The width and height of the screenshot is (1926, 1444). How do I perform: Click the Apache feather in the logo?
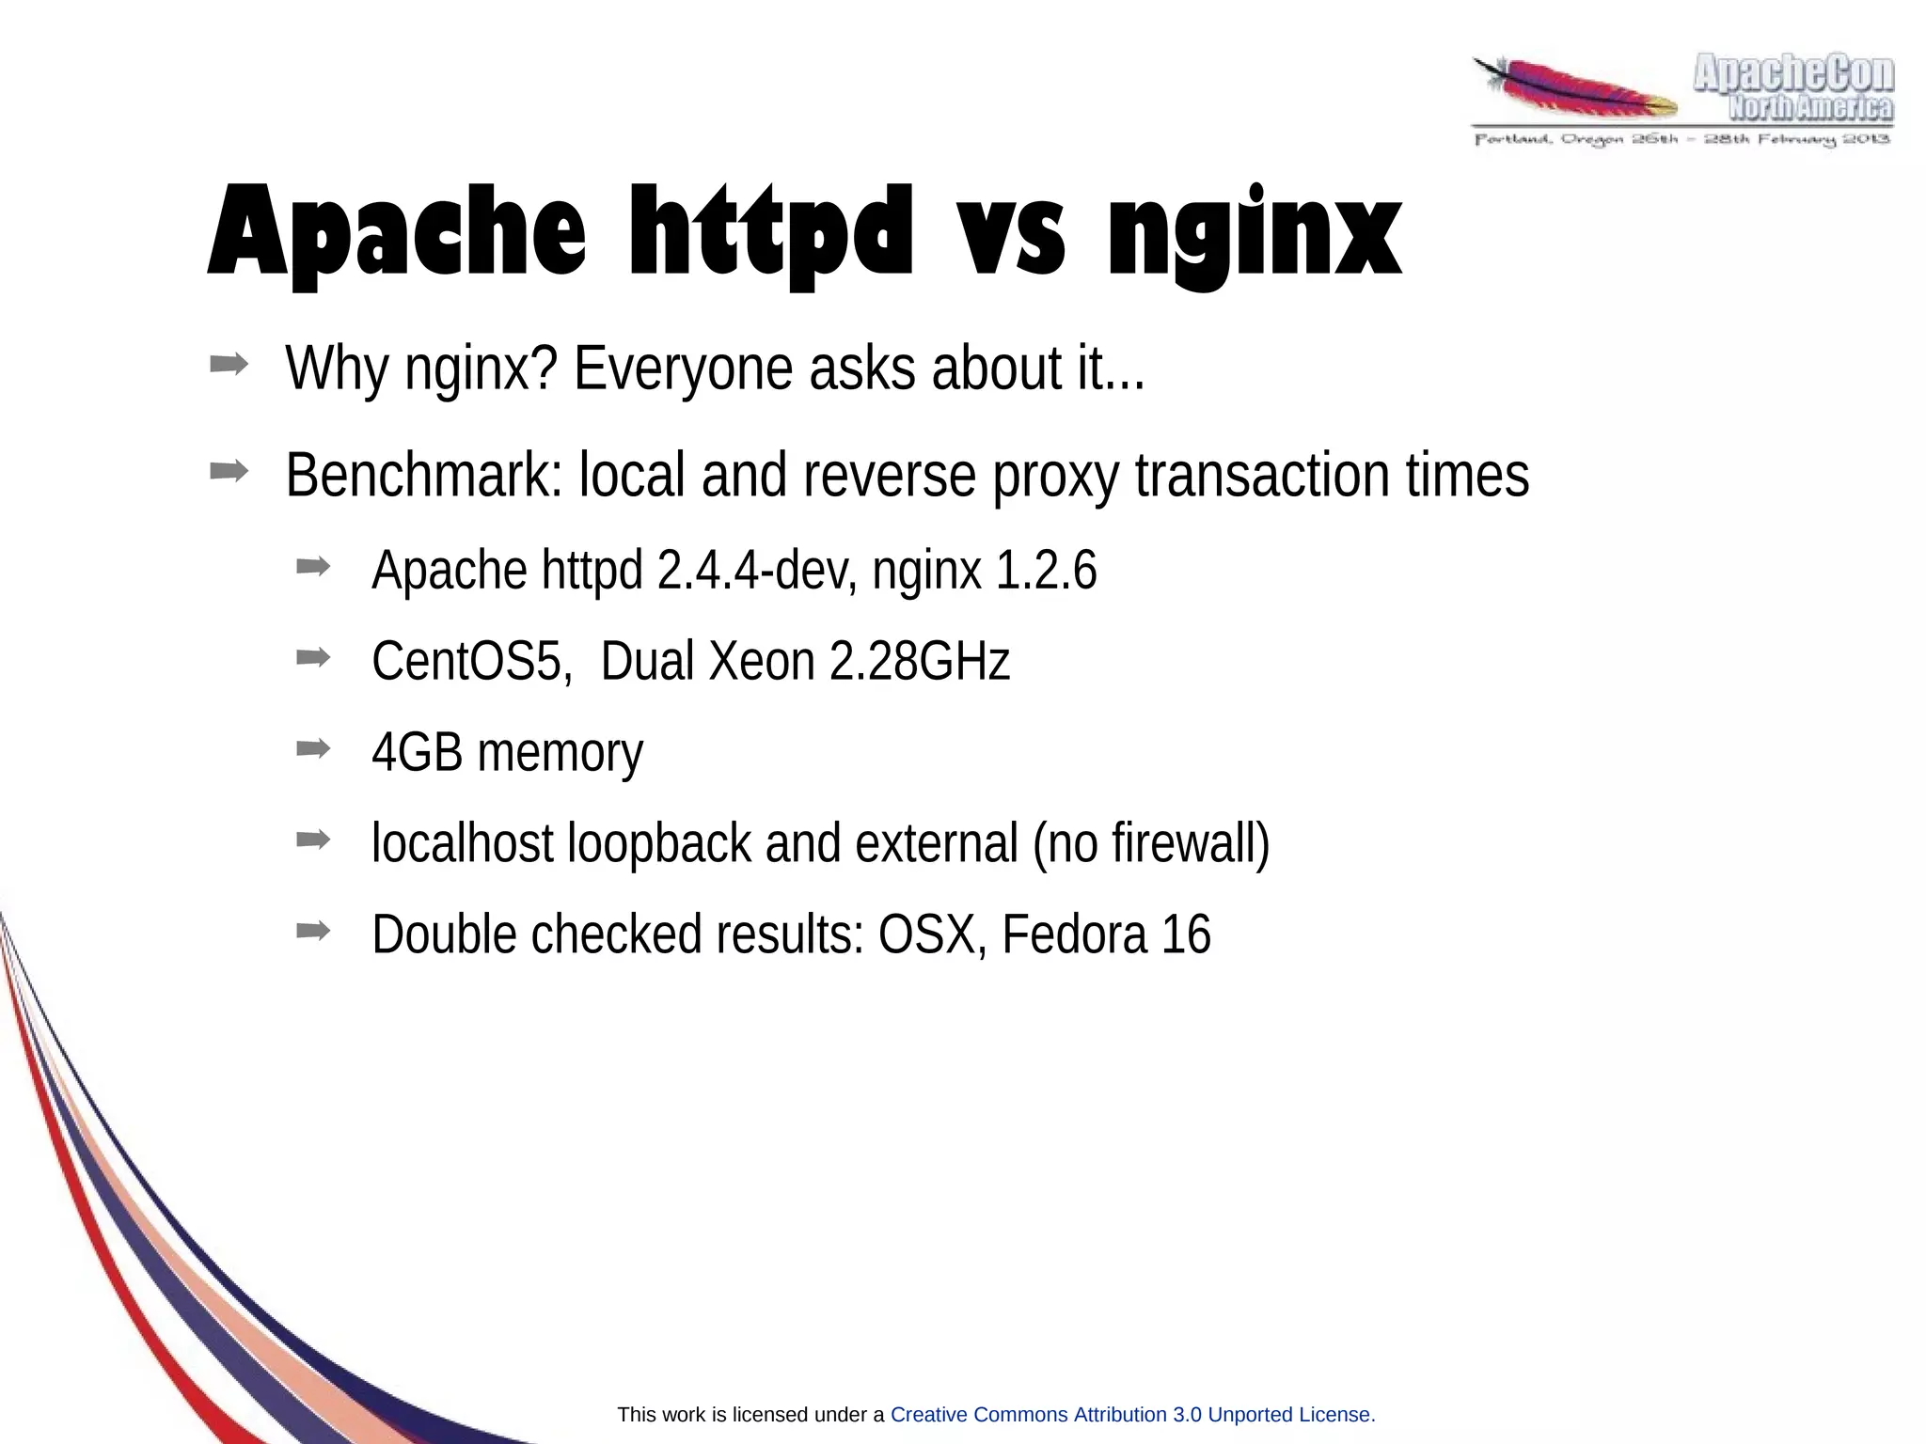click(1575, 90)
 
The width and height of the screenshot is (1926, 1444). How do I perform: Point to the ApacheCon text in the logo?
click(1793, 73)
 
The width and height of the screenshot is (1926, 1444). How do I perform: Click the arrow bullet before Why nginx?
click(229, 365)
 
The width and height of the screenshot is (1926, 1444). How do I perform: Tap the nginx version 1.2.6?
click(1045, 571)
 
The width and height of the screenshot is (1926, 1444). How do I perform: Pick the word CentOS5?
click(471, 661)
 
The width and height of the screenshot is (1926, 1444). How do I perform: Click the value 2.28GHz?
click(919, 661)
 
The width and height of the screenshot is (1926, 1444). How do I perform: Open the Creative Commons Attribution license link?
click(1131, 1415)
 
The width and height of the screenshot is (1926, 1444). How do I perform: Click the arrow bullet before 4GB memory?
click(313, 749)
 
